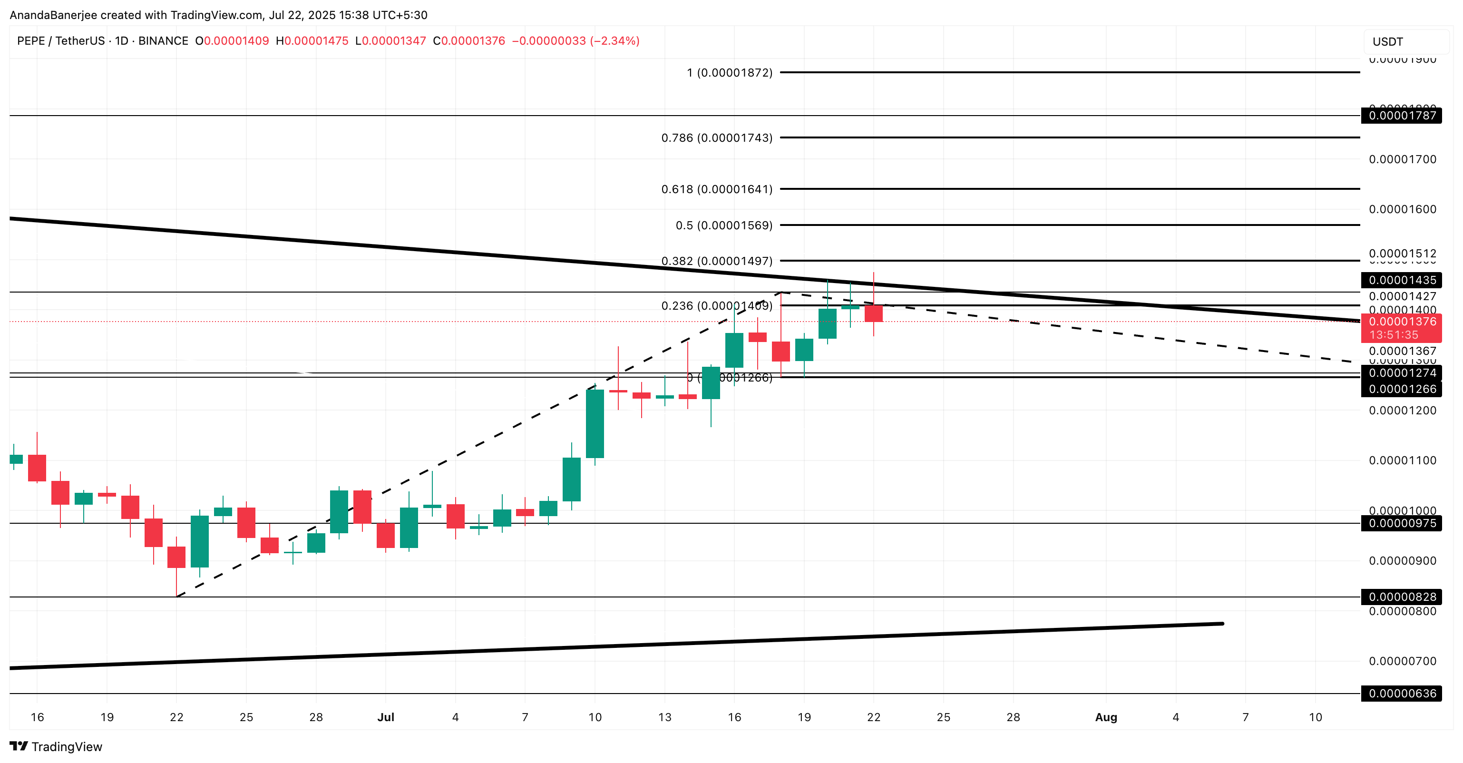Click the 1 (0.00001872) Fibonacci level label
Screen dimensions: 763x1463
(729, 73)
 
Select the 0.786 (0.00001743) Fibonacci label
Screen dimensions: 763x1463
(717, 138)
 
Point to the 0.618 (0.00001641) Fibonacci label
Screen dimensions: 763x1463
(717, 189)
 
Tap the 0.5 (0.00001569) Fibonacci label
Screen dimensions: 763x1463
(723, 225)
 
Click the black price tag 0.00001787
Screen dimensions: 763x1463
(1402, 116)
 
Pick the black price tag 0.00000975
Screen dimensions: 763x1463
(1402, 523)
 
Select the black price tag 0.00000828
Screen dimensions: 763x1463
(1402, 597)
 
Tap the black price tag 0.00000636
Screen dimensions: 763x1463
(1402, 694)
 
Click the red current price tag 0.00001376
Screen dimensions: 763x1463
(1402, 322)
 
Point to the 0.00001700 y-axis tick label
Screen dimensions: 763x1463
(1402, 160)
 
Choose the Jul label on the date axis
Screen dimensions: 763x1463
(386, 717)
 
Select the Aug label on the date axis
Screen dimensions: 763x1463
(1106, 717)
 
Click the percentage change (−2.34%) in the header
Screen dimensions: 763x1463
(615, 41)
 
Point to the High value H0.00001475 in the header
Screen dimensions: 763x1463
(312, 41)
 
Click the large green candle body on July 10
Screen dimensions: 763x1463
(595, 424)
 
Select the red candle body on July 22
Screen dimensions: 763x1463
(874, 313)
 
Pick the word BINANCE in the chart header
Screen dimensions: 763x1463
(163, 41)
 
